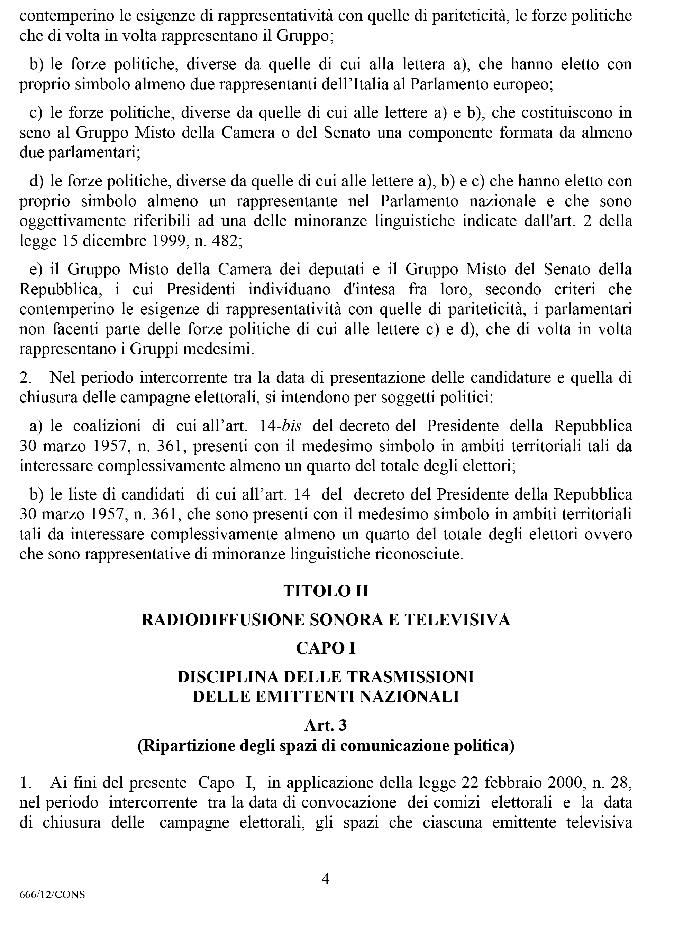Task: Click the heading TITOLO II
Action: pos(326,591)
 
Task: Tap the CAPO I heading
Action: pos(326,648)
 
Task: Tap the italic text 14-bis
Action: pos(281,426)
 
